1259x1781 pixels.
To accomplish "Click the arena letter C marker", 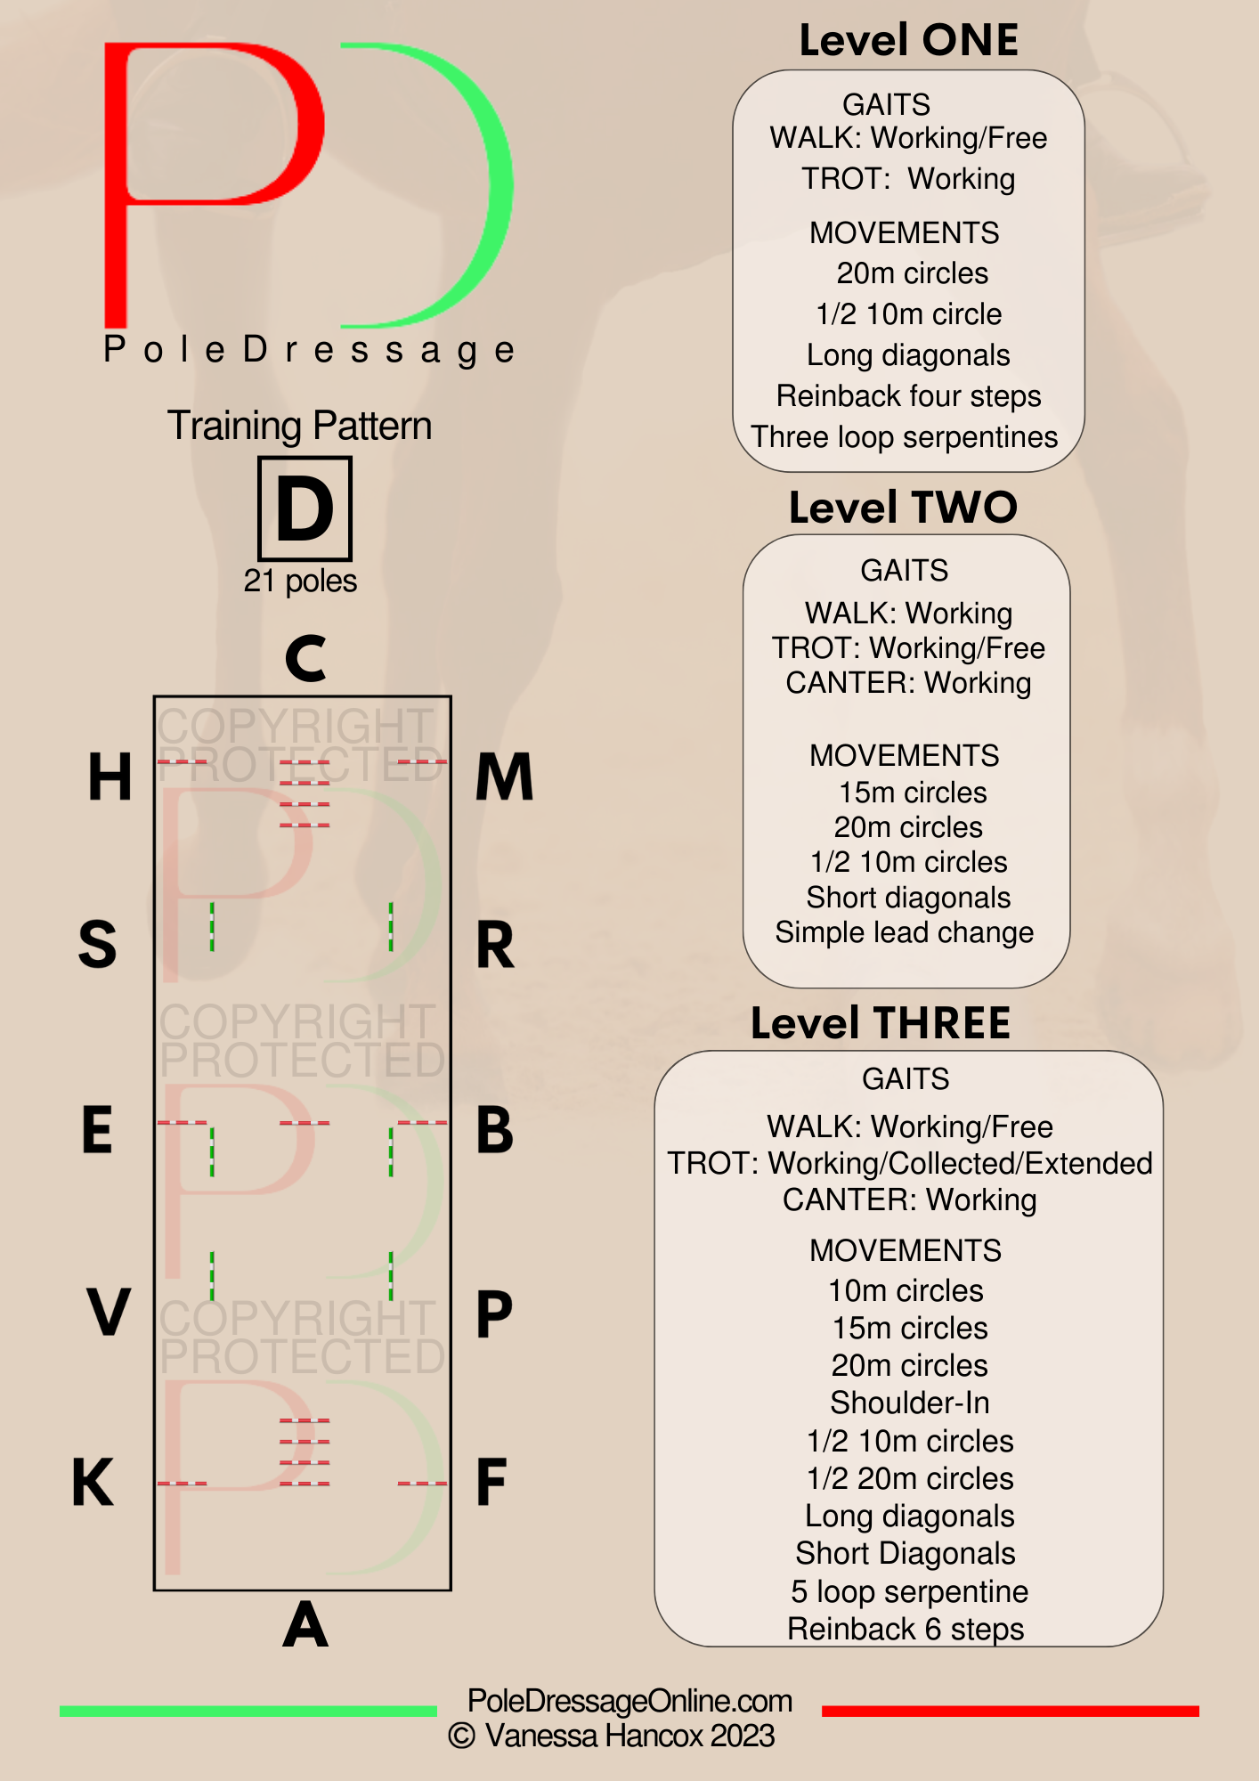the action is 305,658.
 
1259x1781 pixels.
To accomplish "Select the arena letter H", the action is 110,777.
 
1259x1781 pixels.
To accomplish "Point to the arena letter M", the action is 504,777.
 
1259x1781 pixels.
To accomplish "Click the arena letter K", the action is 93,1482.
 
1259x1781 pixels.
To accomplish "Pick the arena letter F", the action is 491,1482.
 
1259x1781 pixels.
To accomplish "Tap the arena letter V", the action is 109,1312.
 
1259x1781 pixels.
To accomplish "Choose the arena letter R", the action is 495,945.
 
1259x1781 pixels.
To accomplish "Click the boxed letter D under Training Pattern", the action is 305,508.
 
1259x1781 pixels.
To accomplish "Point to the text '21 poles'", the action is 300,581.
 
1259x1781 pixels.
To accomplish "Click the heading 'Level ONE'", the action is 908,40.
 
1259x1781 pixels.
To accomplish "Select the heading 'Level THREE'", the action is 881,1023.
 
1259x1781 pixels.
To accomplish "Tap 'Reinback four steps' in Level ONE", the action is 908,395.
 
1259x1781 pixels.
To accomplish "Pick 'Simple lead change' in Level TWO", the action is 905,932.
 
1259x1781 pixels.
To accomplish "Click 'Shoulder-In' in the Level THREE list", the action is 910,1403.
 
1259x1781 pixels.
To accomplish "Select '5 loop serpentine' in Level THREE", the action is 909,1591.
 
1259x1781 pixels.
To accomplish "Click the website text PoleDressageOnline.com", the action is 629,1701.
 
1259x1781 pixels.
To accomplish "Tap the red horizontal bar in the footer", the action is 1011,1711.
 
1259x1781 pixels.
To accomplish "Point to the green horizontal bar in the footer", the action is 248,1711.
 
